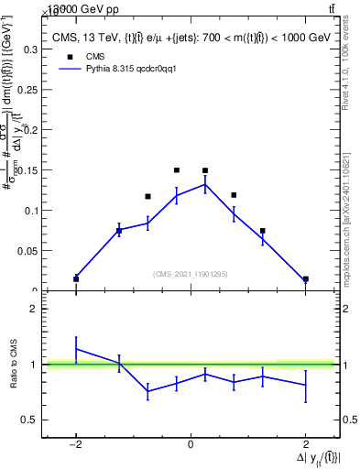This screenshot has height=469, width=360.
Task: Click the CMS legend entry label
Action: (95, 55)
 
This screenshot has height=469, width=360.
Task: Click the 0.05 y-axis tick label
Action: (28, 250)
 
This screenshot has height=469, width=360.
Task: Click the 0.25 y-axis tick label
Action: (28, 91)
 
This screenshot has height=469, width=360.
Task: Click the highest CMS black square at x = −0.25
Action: (177, 169)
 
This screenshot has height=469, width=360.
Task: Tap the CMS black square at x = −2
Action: (76, 278)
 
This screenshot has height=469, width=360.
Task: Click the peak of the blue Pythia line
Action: (205, 184)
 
